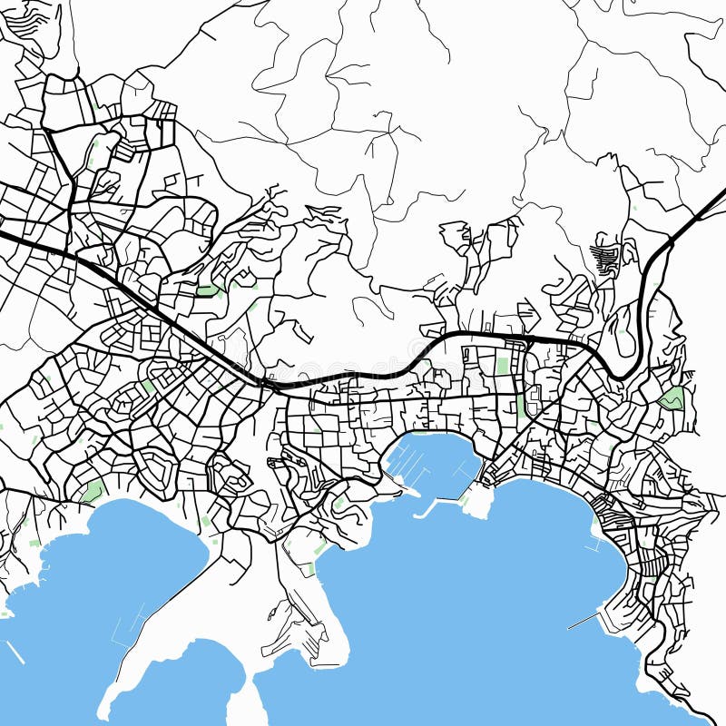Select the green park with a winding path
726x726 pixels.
click(672, 397)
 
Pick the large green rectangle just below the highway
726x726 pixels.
click(502, 366)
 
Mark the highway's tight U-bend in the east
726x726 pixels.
click(622, 372)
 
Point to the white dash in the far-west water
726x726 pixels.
click(15, 652)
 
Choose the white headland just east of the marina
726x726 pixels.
click(478, 500)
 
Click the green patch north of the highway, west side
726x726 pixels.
click(209, 290)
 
